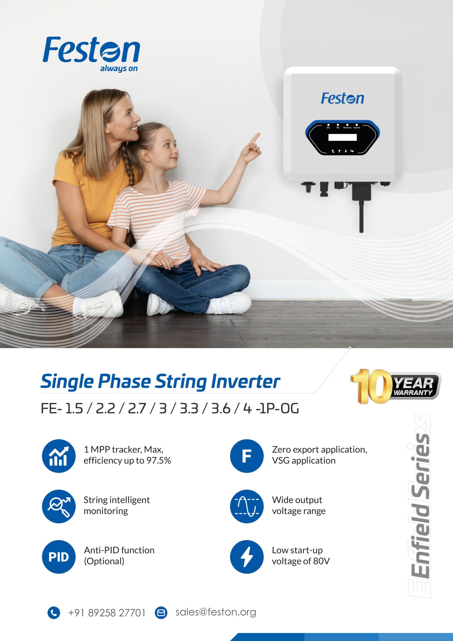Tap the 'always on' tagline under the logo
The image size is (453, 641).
(x=119, y=68)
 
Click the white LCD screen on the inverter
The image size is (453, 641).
(x=342, y=137)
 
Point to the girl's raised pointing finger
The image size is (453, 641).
(x=255, y=138)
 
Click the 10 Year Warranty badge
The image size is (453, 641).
(x=395, y=386)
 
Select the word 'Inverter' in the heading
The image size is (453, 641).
(x=245, y=381)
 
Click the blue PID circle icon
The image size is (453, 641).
(x=59, y=557)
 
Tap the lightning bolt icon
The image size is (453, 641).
(x=247, y=557)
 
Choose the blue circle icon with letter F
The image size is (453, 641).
(x=247, y=456)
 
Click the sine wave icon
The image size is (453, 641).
(x=247, y=506)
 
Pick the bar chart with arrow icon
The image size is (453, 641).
(x=59, y=456)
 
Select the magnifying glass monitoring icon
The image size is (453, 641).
(x=59, y=506)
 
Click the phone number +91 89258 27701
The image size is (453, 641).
(x=107, y=613)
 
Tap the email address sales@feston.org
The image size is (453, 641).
(x=216, y=612)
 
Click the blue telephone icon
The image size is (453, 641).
(x=54, y=613)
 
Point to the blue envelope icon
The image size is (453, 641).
(x=161, y=613)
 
